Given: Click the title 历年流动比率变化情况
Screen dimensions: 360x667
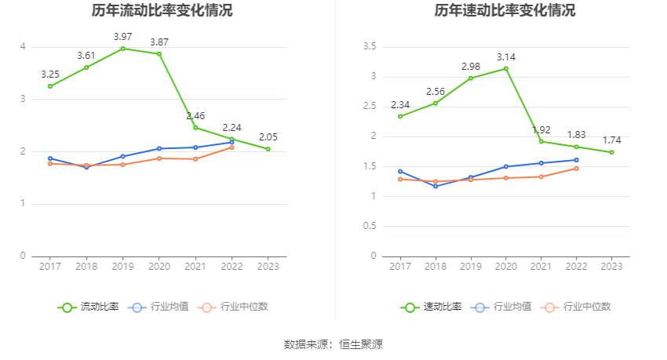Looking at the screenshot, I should tap(162, 11).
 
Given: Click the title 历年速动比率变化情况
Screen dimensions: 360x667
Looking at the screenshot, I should tap(505, 11).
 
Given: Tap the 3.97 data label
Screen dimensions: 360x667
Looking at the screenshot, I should tap(122, 37).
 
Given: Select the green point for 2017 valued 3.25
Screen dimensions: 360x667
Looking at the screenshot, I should tap(50, 86).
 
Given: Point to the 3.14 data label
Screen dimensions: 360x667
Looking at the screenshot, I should tap(506, 57).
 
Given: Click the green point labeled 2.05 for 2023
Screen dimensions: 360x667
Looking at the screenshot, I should tap(268, 149).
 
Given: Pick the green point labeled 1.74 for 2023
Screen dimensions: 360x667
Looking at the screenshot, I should tap(611, 152).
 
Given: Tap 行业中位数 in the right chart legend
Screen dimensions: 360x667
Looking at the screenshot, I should tap(585, 307).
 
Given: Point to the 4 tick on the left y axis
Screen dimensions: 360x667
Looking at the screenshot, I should tap(23, 47).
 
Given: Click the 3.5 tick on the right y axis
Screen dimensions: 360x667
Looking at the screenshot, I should tap(370, 47).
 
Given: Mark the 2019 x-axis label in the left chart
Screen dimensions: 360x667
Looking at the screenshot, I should tap(122, 267).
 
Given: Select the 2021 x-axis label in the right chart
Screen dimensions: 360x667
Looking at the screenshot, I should tap(541, 267).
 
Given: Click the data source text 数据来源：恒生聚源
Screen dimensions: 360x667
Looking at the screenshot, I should tap(333, 344).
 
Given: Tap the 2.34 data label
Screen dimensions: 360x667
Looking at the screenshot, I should tap(400, 105).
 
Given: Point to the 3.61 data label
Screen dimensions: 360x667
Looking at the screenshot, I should tap(86, 56).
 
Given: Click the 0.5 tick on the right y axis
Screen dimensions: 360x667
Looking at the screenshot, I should tap(370, 226).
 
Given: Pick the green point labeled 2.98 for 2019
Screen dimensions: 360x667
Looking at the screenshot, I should tap(471, 78).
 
